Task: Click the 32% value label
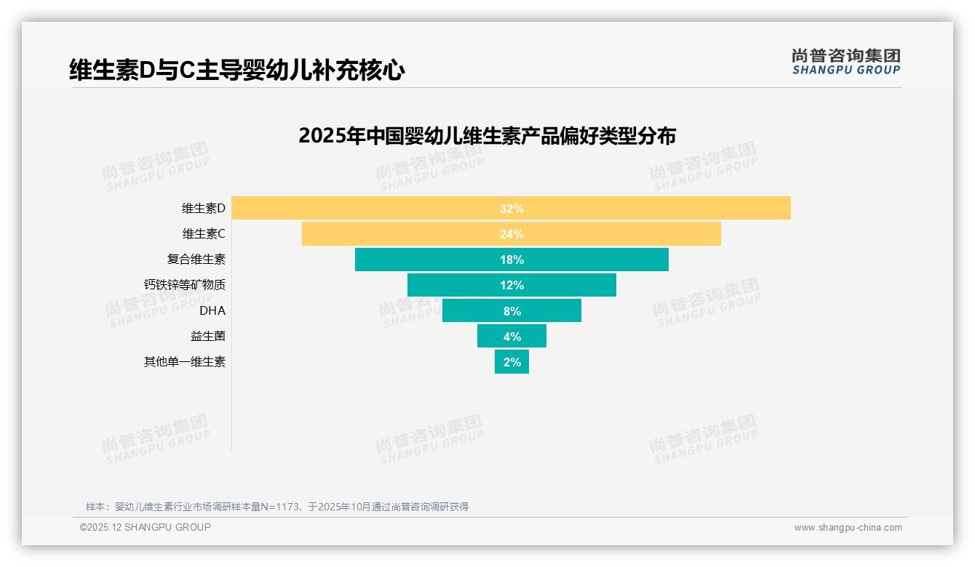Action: [x=512, y=209]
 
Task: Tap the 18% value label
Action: [x=512, y=260]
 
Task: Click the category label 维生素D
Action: [x=204, y=209]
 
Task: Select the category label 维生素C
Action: [x=204, y=234]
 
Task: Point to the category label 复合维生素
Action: [x=196, y=260]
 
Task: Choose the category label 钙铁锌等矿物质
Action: [x=185, y=285]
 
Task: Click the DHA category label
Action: [x=212, y=310]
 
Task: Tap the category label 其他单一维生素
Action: [x=185, y=361]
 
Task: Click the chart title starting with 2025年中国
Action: [x=487, y=136]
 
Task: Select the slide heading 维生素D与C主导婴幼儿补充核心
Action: [x=236, y=71]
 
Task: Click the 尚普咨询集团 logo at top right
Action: [x=845, y=62]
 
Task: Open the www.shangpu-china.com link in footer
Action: [x=848, y=528]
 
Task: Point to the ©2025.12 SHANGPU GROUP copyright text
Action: [x=146, y=527]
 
